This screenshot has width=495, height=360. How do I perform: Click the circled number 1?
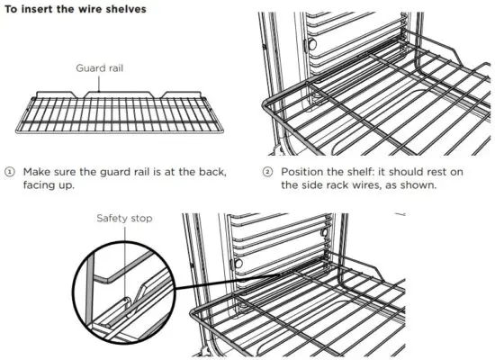(10, 171)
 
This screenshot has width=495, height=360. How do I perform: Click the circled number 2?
(267, 171)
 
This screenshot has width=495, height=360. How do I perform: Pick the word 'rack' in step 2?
(351, 185)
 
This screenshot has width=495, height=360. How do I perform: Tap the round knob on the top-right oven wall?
(311, 44)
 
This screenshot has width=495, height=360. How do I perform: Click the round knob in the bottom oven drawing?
(238, 265)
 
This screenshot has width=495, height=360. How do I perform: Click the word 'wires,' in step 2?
(383, 185)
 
